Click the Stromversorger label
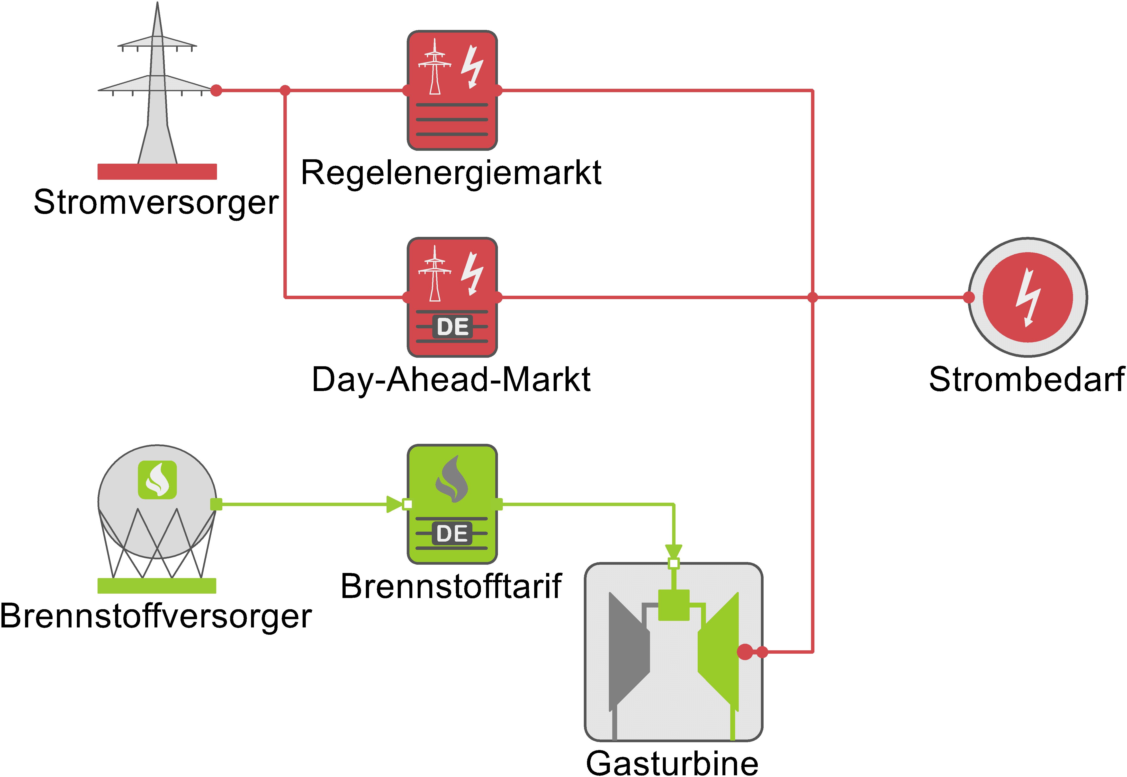pyautogui.click(x=156, y=202)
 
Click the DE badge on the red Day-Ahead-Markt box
pyautogui.click(x=452, y=327)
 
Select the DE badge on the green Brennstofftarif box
pyautogui.click(x=452, y=534)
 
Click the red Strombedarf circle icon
pyautogui.click(x=1027, y=297)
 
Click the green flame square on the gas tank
pyautogui.click(x=157, y=480)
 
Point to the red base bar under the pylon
pyautogui.click(x=157, y=171)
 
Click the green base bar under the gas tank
pyautogui.click(x=157, y=586)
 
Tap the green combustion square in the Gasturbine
pyautogui.click(x=674, y=605)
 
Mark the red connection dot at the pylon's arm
pyautogui.click(x=216, y=90)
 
